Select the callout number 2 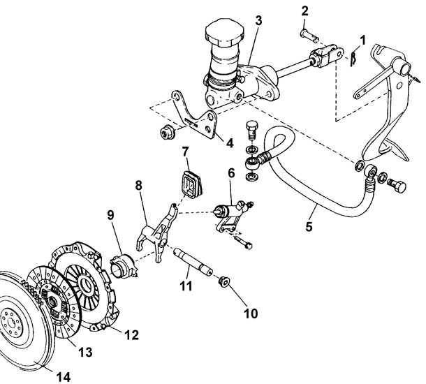304,12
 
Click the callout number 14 64,377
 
